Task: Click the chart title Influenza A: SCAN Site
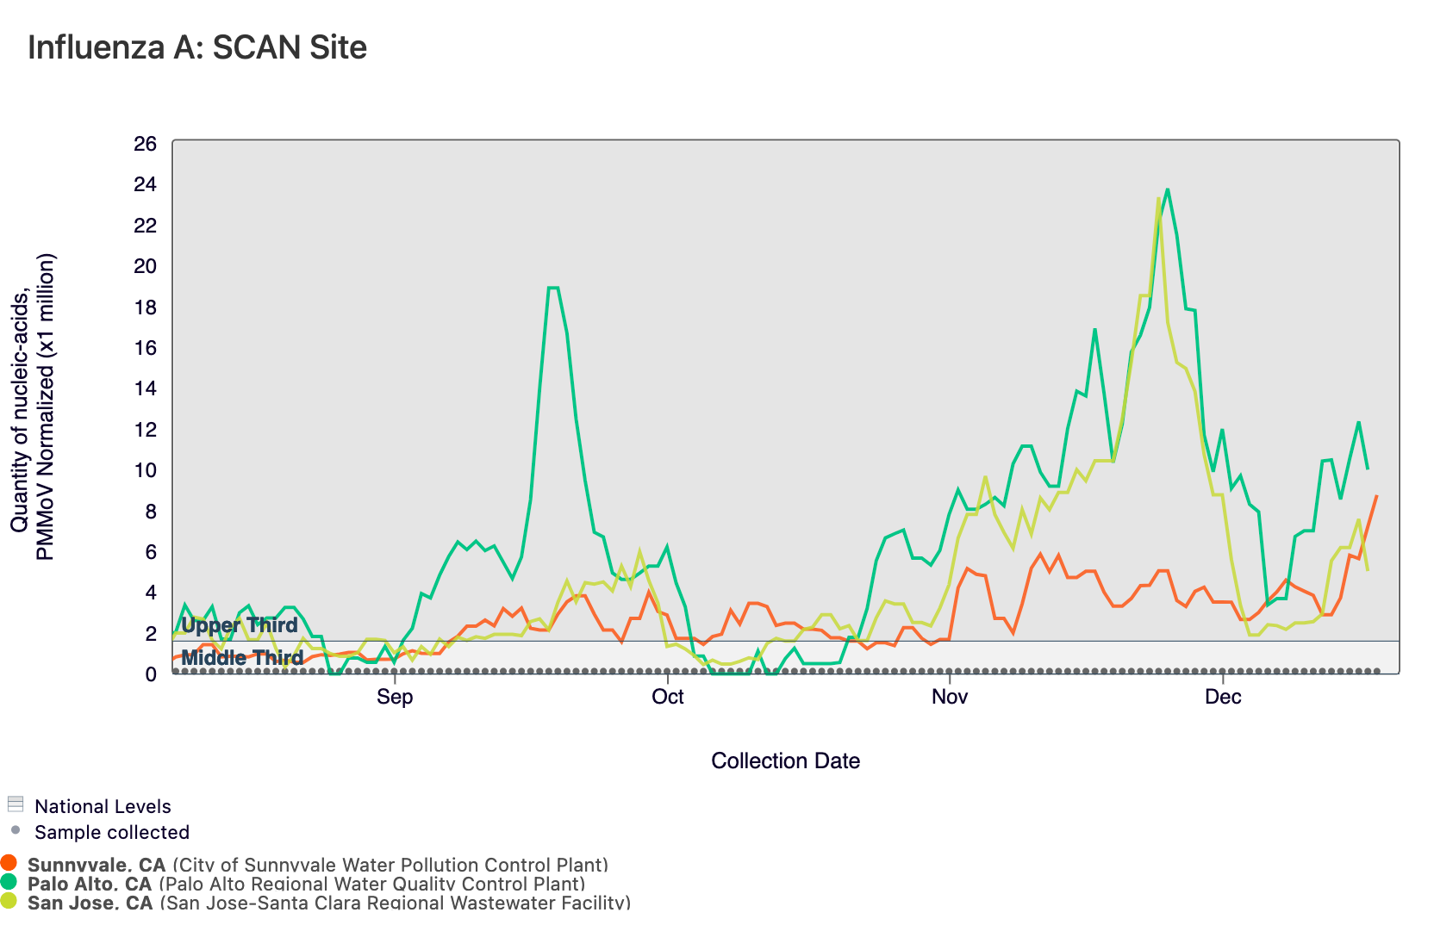coord(197,47)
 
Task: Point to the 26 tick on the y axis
coord(146,144)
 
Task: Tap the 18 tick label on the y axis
coord(146,307)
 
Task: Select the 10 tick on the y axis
coord(146,470)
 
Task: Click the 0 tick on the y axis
coord(151,674)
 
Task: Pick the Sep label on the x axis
coord(395,697)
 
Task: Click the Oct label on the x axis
coord(668,697)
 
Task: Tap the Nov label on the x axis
coord(949,697)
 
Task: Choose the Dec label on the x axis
coord(1223,697)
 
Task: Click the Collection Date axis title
coord(785,760)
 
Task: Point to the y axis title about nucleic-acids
coord(33,407)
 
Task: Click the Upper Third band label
coord(239,625)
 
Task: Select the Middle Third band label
coord(242,658)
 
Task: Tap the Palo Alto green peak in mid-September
coord(553,288)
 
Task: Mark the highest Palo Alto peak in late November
coord(1167,189)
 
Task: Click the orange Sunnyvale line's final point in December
coord(1377,496)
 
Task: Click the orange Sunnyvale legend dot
coord(9,863)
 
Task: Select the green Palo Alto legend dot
coord(9,882)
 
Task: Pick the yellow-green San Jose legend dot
coord(9,901)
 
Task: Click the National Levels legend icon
coord(15,804)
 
